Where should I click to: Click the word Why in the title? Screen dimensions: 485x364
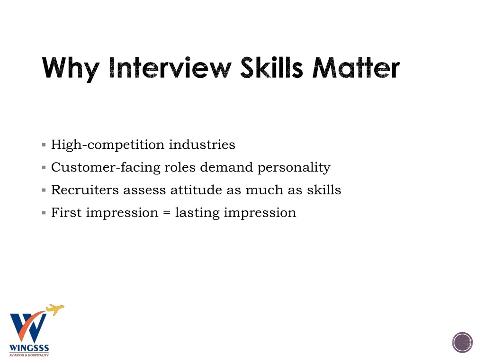click(x=71, y=69)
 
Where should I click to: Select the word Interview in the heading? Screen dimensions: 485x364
click(x=171, y=67)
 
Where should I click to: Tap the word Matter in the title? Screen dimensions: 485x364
click(x=356, y=67)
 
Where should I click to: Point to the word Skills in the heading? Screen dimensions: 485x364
click(x=271, y=67)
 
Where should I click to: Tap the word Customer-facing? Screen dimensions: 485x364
click(x=105, y=167)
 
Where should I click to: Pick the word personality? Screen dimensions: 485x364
click(x=294, y=168)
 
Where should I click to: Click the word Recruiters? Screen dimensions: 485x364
click(x=85, y=190)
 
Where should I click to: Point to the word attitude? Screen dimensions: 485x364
click(x=196, y=190)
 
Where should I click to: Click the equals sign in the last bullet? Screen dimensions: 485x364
click(x=167, y=213)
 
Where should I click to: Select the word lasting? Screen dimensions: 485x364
click(x=198, y=213)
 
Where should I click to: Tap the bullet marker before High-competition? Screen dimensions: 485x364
click(x=44, y=145)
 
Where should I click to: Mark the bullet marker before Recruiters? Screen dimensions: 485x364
click(x=44, y=190)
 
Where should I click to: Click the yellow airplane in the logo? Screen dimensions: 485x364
click(x=55, y=309)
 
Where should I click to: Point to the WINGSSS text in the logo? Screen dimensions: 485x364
click(x=29, y=348)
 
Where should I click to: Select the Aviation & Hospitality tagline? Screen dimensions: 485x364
click(x=29, y=355)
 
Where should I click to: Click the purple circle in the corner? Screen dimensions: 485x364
click(x=462, y=342)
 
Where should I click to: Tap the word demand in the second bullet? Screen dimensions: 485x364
click(x=226, y=167)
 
